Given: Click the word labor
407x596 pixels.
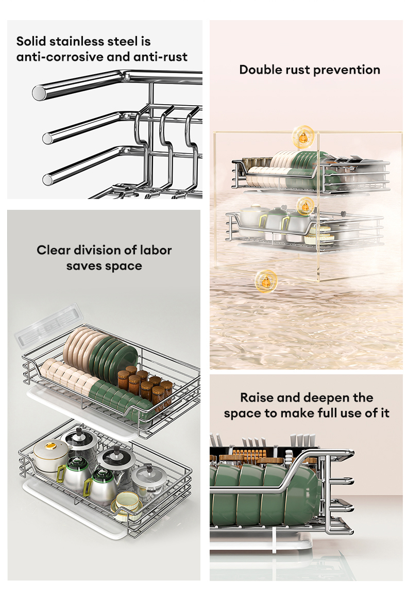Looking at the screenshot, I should [156, 251].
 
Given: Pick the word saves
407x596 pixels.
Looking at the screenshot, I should [83, 266].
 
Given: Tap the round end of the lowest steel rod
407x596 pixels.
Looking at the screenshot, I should [47, 179].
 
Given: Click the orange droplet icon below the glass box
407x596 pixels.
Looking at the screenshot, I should [266, 281].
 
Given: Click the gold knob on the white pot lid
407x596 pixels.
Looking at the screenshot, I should [49, 445].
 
